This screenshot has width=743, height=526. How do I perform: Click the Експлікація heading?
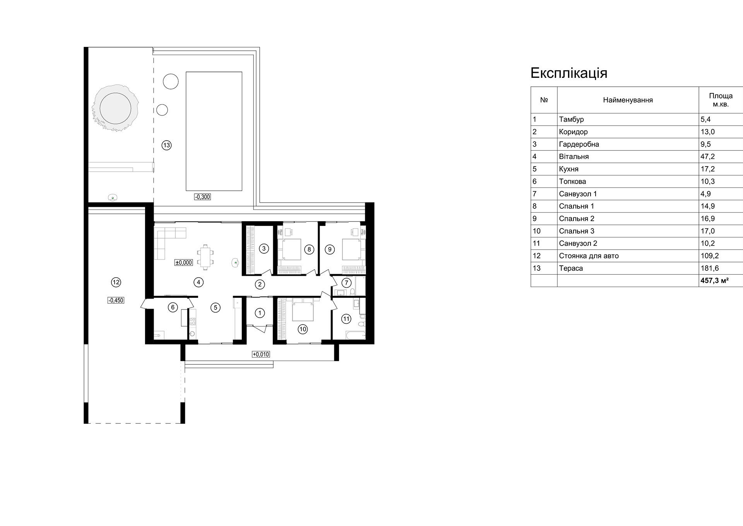click(x=568, y=73)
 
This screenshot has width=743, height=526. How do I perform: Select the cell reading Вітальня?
click(x=574, y=156)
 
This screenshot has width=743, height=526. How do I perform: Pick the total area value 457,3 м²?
click(x=714, y=280)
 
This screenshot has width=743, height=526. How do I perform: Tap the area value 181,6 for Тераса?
click(x=709, y=268)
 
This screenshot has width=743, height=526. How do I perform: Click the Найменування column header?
click(x=628, y=100)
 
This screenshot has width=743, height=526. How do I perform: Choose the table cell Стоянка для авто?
click(x=589, y=256)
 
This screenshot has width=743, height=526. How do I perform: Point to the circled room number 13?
click(x=166, y=146)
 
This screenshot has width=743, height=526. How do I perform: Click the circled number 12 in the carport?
click(x=116, y=282)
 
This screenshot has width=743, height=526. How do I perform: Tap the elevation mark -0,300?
click(x=202, y=197)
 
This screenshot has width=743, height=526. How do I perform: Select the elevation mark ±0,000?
click(x=184, y=263)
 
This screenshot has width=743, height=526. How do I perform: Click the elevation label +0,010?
click(x=261, y=354)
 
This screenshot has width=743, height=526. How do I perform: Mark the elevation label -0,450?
click(x=116, y=300)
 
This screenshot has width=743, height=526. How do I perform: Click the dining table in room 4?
click(x=205, y=256)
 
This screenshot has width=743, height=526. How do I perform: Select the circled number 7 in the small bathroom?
click(x=346, y=283)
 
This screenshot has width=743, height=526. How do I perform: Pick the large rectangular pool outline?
click(x=214, y=131)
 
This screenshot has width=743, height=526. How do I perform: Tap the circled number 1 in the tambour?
click(x=260, y=313)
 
